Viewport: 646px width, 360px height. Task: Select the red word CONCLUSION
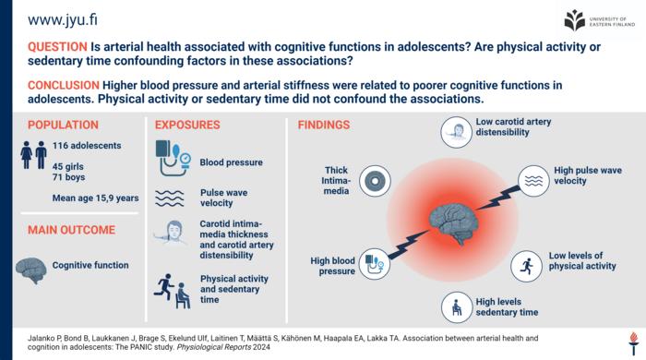(x=64, y=85)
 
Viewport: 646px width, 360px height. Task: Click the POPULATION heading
(x=63, y=125)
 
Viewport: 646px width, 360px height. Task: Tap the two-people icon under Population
(x=35, y=155)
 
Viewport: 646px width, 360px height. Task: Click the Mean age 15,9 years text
(x=96, y=198)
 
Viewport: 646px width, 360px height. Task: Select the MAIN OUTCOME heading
(x=71, y=230)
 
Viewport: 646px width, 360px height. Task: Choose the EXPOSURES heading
(x=187, y=125)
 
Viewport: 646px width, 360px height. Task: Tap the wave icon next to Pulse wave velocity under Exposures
(x=171, y=197)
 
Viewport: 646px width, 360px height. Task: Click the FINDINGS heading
(x=324, y=125)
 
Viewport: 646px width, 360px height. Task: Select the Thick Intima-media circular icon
(x=375, y=180)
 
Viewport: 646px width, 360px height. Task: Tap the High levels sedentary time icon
(x=455, y=306)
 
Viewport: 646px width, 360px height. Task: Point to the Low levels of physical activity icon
(x=527, y=266)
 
